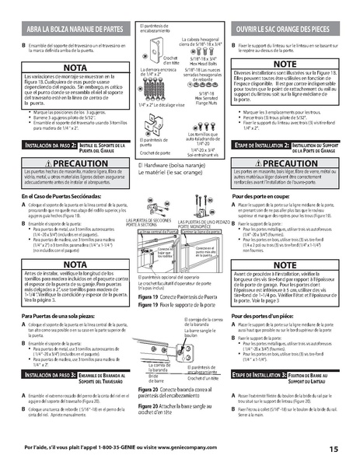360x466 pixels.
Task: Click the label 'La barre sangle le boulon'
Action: (x=199, y=331)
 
